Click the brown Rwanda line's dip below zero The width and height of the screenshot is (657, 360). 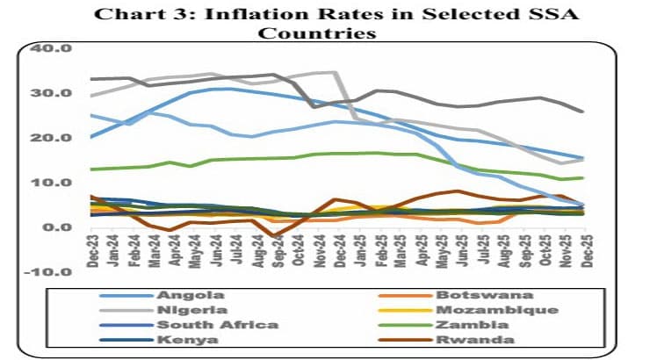tap(276, 235)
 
